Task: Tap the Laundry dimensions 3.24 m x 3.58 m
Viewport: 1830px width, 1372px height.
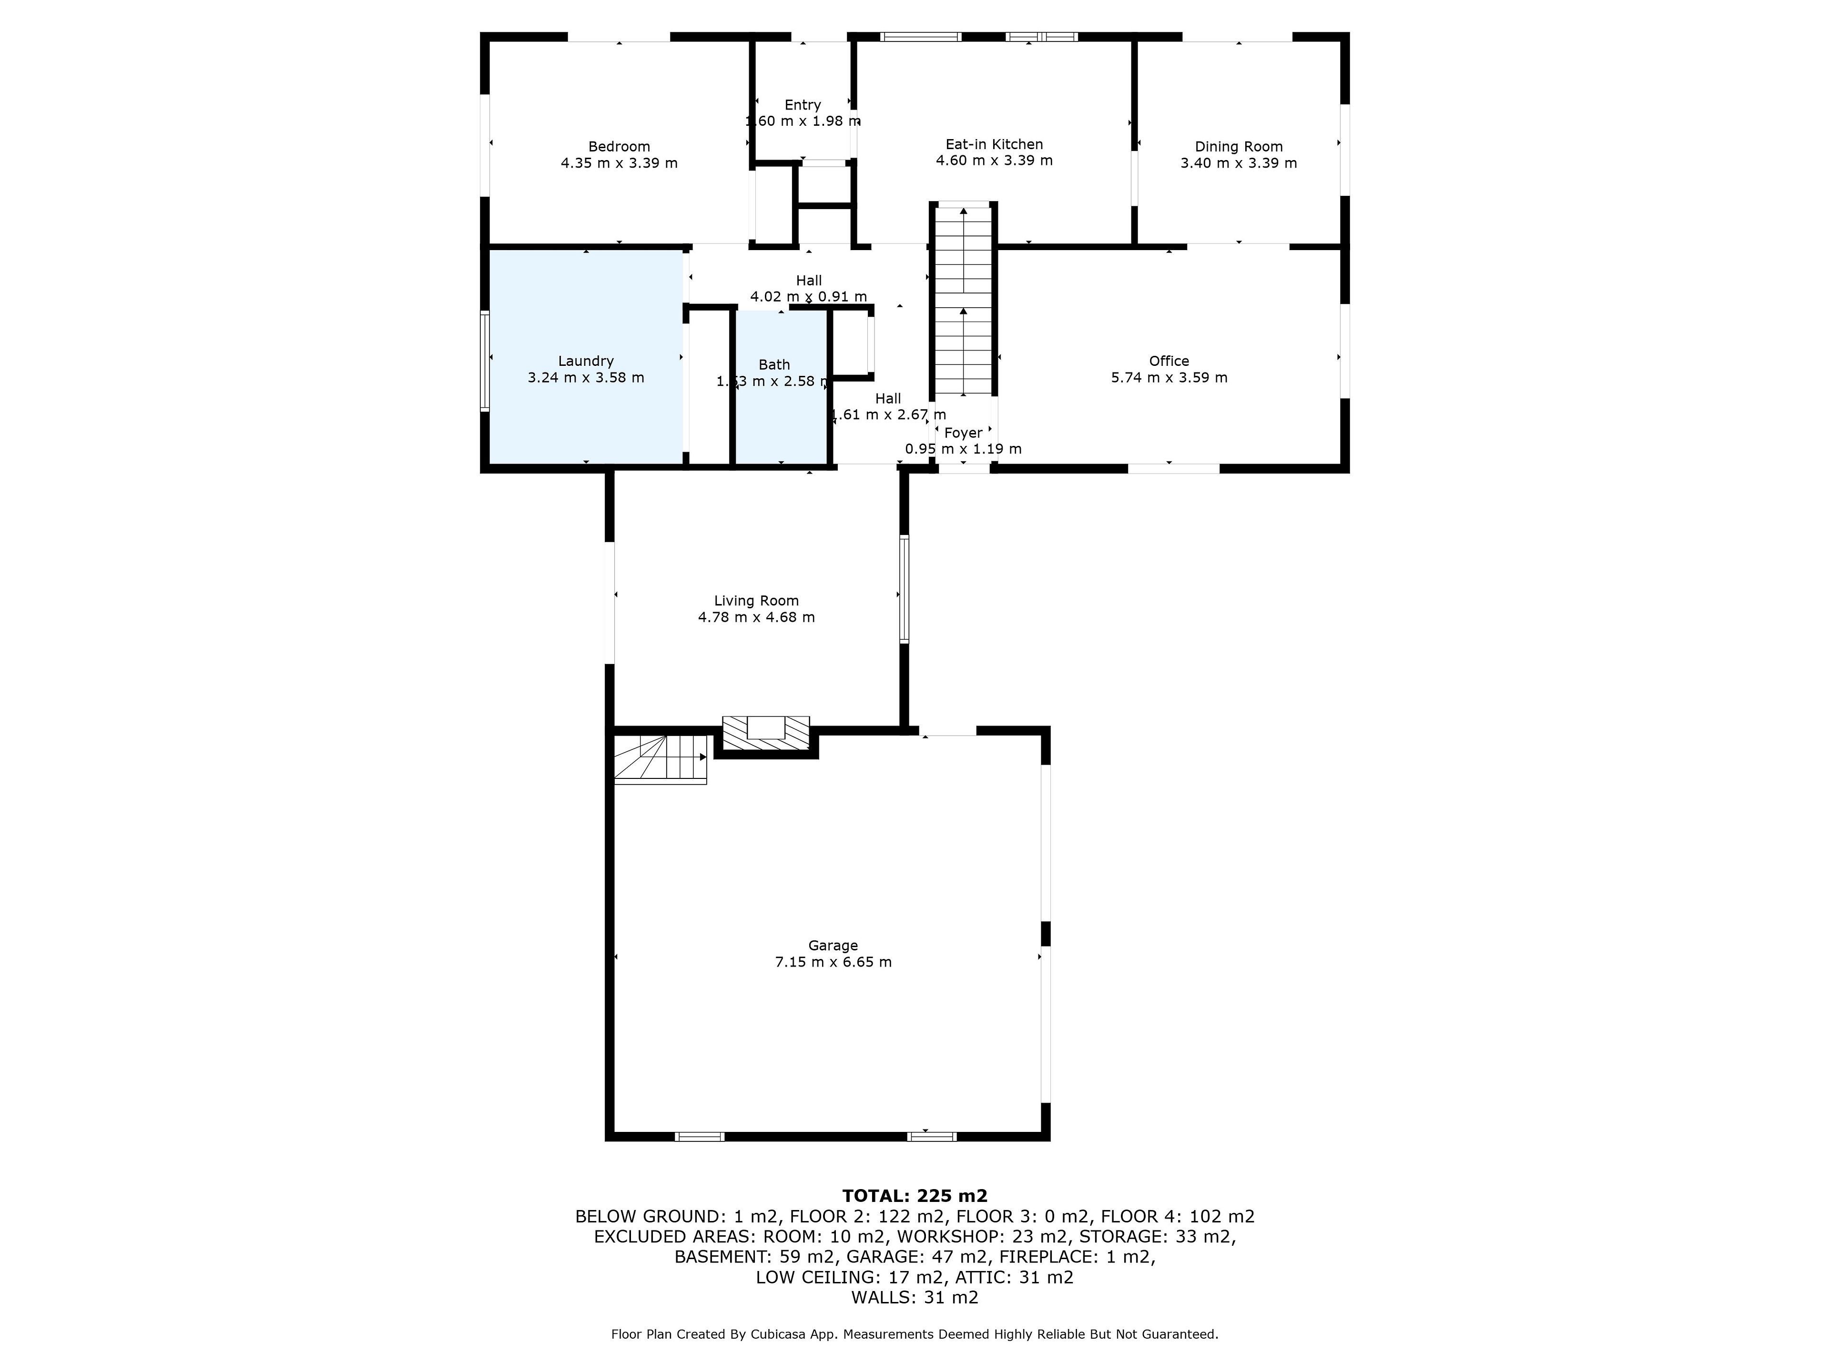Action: [586, 378]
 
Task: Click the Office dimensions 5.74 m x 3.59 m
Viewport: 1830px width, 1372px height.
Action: [1169, 378]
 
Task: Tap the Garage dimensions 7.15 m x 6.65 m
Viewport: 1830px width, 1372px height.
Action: [833, 962]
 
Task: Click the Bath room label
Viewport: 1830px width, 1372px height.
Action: [774, 365]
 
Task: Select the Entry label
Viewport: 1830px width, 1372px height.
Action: [803, 105]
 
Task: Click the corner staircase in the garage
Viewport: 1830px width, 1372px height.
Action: [660, 758]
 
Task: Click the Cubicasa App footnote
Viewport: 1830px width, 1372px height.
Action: [914, 1334]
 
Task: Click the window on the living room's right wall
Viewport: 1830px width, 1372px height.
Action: [904, 589]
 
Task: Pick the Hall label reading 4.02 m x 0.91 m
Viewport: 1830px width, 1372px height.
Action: [808, 289]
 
